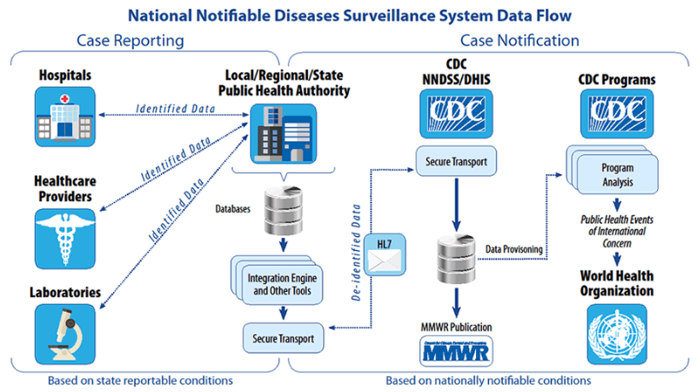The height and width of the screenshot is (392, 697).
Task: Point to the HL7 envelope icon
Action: click(x=379, y=256)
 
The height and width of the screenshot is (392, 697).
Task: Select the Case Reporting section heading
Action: click(x=131, y=40)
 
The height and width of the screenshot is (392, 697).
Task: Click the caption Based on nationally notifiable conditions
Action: click(x=488, y=381)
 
